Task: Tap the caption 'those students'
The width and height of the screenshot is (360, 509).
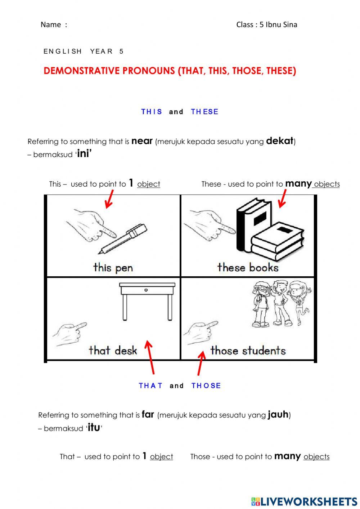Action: [x=248, y=351]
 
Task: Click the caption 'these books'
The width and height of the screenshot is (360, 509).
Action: [x=248, y=267]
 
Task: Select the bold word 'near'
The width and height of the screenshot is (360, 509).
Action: [x=142, y=141]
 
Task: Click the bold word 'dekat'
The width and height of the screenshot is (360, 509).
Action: [x=279, y=141]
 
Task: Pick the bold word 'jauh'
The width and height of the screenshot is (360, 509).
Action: [x=278, y=415]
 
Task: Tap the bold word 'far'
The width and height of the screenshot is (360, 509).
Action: [x=148, y=414]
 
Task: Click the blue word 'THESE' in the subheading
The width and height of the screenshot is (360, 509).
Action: [x=204, y=112]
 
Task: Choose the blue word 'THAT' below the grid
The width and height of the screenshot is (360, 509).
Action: [x=150, y=385]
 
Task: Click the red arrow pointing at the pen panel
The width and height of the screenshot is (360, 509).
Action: [x=109, y=199]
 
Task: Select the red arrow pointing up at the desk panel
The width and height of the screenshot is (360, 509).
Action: [x=150, y=357]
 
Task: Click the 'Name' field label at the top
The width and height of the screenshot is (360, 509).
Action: [x=51, y=24]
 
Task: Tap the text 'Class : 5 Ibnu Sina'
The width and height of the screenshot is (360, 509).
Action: [x=266, y=24]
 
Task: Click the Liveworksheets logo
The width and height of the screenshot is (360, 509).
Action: [x=304, y=501]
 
